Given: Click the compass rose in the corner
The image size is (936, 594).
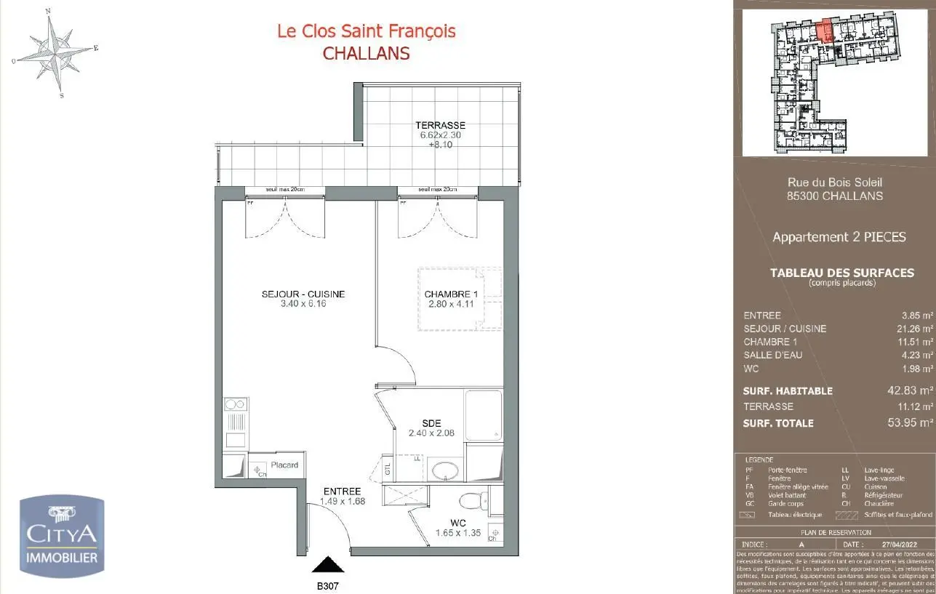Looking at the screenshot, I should (x=55, y=52).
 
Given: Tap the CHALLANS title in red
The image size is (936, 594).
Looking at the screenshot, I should (x=366, y=53).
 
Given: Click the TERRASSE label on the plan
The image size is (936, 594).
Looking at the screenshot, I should (x=440, y=125).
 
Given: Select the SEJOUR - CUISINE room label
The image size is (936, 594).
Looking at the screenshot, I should (x=303, y=294).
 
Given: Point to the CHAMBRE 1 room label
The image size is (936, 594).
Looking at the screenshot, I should (x=450, y=294).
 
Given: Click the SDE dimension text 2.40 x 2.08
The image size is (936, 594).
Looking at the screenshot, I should (x=432, y=433).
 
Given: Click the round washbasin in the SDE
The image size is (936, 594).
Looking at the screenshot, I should (x=445, y=470).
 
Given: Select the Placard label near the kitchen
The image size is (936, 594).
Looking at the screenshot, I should (x=284, y=465).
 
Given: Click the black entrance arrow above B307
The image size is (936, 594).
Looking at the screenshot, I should (x=327, y=565).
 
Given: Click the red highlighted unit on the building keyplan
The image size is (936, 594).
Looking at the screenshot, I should (x=825, y=33).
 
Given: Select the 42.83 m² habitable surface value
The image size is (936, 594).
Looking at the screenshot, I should (x=909, y=390).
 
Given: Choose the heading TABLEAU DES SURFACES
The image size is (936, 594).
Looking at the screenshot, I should (x=841, y=273).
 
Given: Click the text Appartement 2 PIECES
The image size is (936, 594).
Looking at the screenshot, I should (x=839, y=237).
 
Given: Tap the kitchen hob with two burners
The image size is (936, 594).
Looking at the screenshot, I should (x=236, y=404).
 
